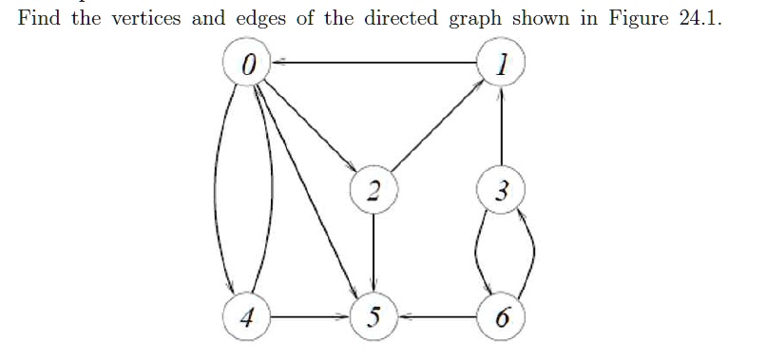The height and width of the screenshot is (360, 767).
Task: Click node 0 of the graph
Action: point(249,64)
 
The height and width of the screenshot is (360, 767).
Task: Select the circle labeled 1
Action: point(501,64)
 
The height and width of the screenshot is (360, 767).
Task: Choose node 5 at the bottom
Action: point(374,316)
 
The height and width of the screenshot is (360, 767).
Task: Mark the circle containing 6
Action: point(501,316)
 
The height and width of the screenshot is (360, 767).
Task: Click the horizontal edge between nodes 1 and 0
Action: point(375,63)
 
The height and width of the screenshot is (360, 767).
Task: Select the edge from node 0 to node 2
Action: point(312,128)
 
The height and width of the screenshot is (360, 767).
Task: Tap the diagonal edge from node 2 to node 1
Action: point(437,128)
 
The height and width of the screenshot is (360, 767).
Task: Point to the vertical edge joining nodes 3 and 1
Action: point(501,128)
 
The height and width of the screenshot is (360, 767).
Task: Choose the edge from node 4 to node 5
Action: point(311,316)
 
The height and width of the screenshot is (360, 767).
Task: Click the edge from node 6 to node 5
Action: point(437,316)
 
